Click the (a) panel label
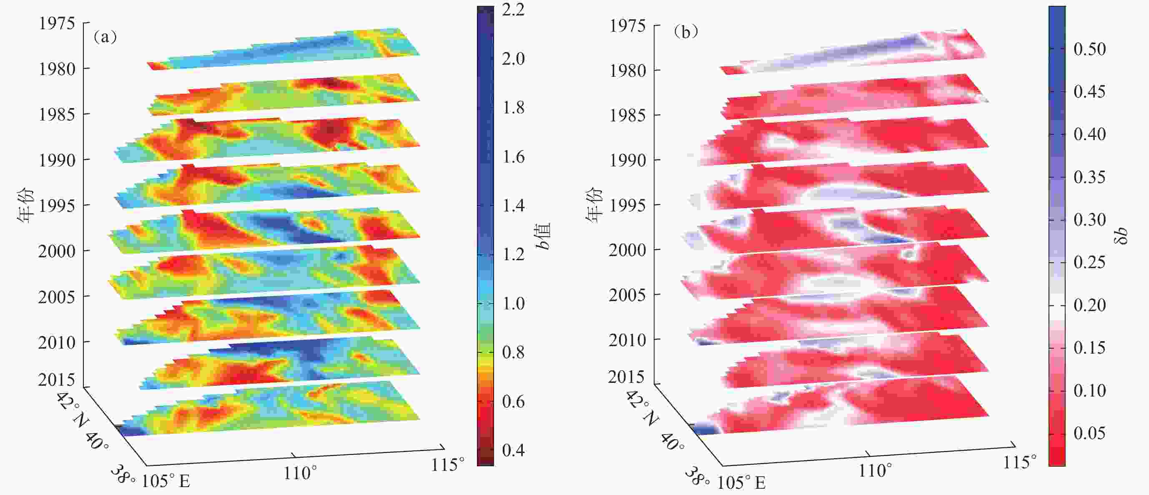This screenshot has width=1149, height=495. pos(105,37)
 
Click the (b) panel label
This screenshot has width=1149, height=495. pos(686,32)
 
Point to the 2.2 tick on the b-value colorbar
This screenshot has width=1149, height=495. pos(513,10)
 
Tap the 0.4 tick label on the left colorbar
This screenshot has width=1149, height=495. pos(513,450)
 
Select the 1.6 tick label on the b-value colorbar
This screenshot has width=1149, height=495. pos(513,157)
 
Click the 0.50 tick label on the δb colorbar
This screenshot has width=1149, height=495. pos(1089,49)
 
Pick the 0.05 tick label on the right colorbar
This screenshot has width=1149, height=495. pos(1089,433)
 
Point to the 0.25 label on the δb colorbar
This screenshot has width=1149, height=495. pos(1089,262)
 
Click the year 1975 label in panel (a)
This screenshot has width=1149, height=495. pos(57,23)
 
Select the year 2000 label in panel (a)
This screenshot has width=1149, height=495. pos(57,251)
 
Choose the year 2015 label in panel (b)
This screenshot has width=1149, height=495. pos(626,377)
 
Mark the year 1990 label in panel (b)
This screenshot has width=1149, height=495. pos(627,160)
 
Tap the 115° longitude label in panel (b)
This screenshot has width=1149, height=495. pos(1019,462)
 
